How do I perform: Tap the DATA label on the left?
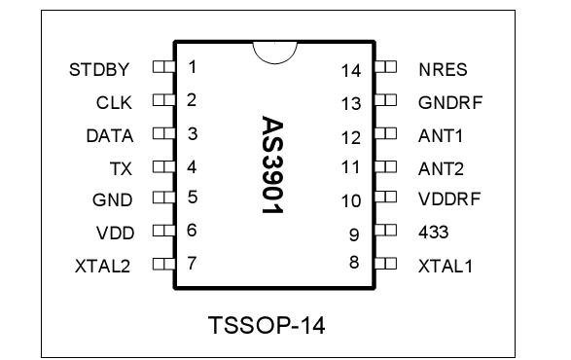click(109, 134)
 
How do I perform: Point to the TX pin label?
click(123, 167)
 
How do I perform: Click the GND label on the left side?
click(115, 199)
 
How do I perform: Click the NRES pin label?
click(444, 69)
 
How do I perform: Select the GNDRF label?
click(450, 102)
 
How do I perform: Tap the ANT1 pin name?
click(441, 135)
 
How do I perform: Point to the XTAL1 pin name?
click(446, 265)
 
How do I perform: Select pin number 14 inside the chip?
click(351, 70)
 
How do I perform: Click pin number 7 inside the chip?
click(192, 264)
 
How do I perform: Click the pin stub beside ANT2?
click(386, 167)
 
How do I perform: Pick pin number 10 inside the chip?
click(351, 200)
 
